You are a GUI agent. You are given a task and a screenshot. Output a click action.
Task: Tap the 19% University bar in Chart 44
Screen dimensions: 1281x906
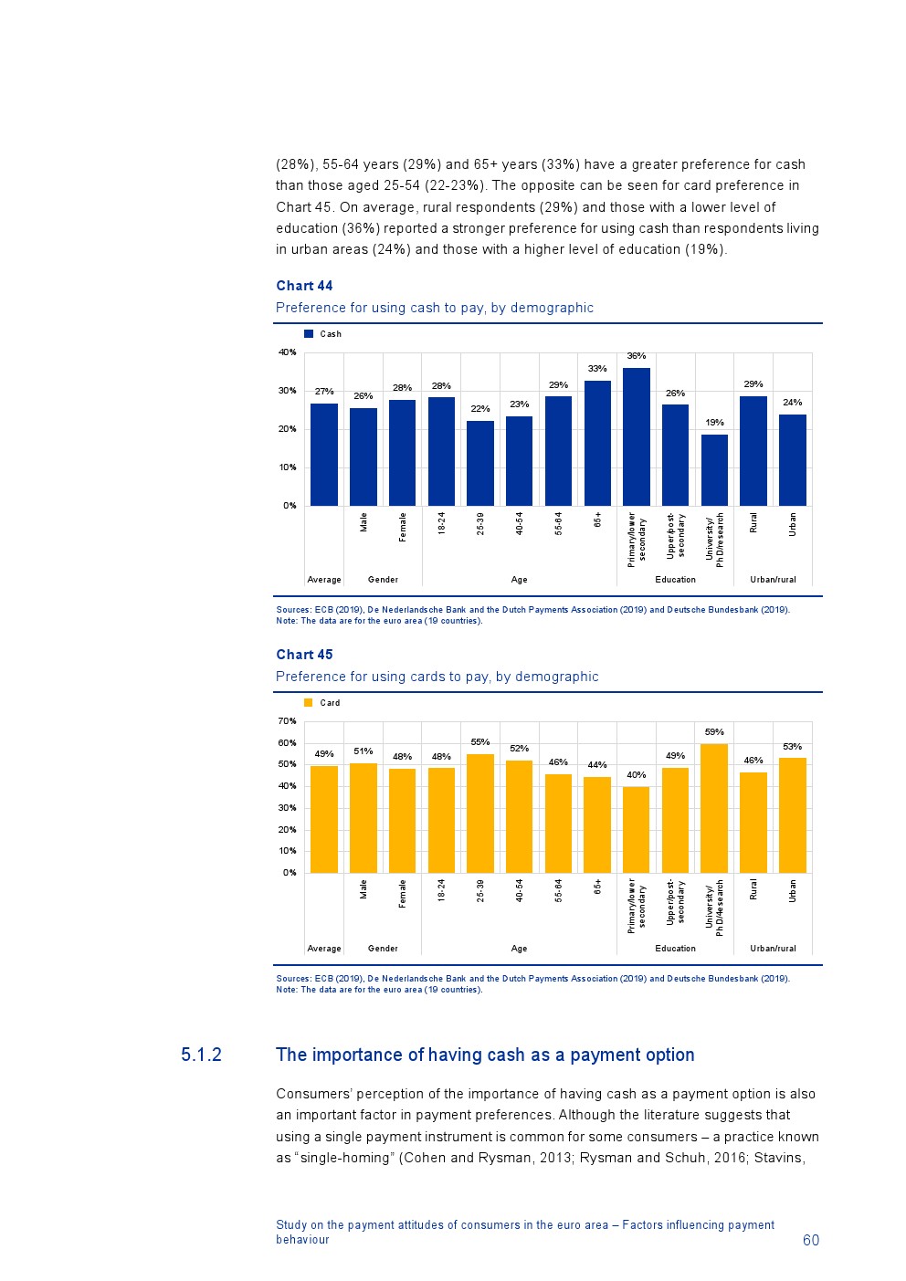coord(714,469)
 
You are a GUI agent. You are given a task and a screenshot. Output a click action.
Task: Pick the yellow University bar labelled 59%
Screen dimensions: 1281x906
coord(714,808)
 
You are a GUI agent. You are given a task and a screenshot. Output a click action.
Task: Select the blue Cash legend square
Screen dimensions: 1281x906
coord(309,334)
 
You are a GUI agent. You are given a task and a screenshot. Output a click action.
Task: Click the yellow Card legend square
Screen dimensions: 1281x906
coord(309,703)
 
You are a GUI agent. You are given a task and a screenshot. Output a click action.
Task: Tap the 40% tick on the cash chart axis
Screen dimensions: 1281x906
coord(288,352)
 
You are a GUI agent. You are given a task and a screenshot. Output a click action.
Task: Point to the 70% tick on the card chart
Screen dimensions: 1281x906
coord(288,721)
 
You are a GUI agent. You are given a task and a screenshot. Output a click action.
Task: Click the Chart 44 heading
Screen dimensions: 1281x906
coord(304,286)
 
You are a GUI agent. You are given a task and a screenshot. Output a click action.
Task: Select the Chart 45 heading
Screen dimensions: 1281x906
coord(304,655)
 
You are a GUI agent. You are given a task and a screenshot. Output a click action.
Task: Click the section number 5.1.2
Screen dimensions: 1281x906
coord(201,1055)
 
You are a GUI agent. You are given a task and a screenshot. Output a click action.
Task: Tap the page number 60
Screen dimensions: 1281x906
coord(811,1240)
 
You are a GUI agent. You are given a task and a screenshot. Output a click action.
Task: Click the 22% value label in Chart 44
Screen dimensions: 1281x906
coord(480,409)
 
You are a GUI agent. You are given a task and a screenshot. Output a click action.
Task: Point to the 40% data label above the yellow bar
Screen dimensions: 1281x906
coord(637,775)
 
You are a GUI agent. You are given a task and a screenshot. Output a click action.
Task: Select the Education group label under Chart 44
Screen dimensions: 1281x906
coord(675,580)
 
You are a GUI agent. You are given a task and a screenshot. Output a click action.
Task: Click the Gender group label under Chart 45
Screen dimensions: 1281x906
coord(383,949)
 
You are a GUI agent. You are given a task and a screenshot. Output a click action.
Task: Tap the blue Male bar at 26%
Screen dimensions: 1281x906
coord(363,457)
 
